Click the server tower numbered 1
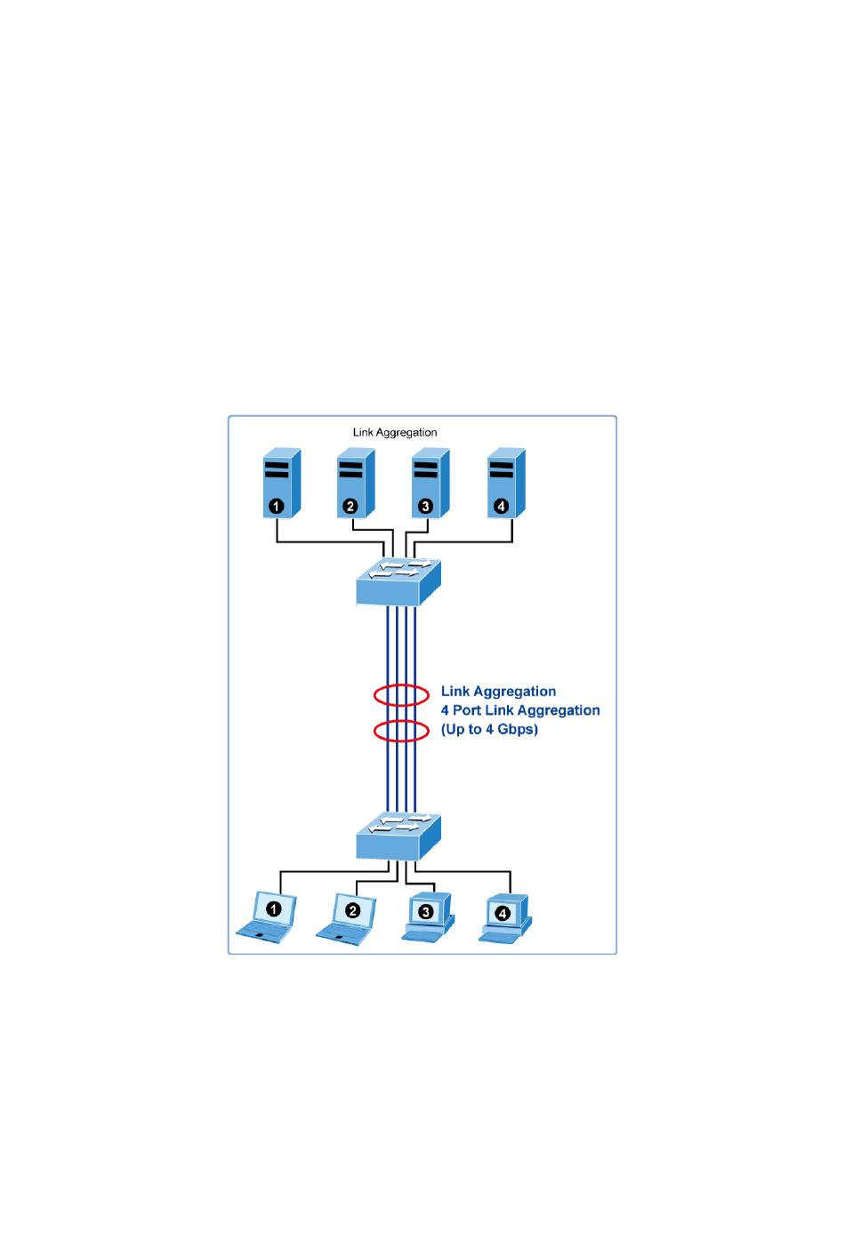281,483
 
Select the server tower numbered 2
356,483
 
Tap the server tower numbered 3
431,483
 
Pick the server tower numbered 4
506,483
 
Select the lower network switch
398,835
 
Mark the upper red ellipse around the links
401,694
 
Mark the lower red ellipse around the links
401,731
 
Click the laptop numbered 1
268,917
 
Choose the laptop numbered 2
347,917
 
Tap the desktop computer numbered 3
428,917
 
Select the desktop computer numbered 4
504,917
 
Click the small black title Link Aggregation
395,433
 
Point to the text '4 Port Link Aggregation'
520,710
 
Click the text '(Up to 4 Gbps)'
489,730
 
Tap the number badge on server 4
501,506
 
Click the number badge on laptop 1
275,909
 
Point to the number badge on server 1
277,507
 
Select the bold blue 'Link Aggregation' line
498,692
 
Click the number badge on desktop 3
426,911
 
